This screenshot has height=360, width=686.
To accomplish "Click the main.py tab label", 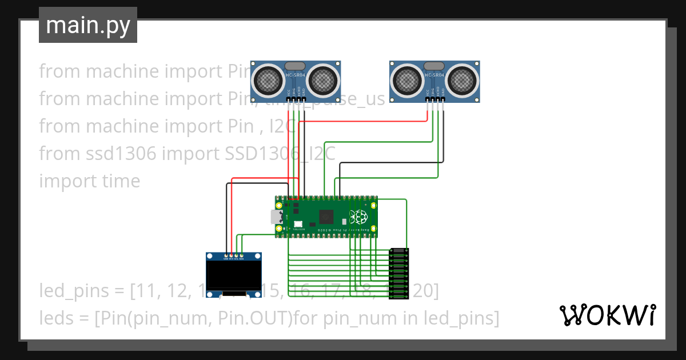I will coord(87,25).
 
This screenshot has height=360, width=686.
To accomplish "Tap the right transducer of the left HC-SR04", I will coord(324,79).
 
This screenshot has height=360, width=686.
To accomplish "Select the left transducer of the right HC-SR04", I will coord(406,79).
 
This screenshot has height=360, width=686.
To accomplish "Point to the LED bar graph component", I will coord(399,273).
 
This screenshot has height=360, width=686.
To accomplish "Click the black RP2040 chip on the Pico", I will coord(327,217).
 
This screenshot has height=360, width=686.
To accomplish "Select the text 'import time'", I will coord(89,181).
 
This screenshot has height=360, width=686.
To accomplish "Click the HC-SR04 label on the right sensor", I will coord(434,74).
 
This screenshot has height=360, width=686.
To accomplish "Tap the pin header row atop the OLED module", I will coord(233,256).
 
